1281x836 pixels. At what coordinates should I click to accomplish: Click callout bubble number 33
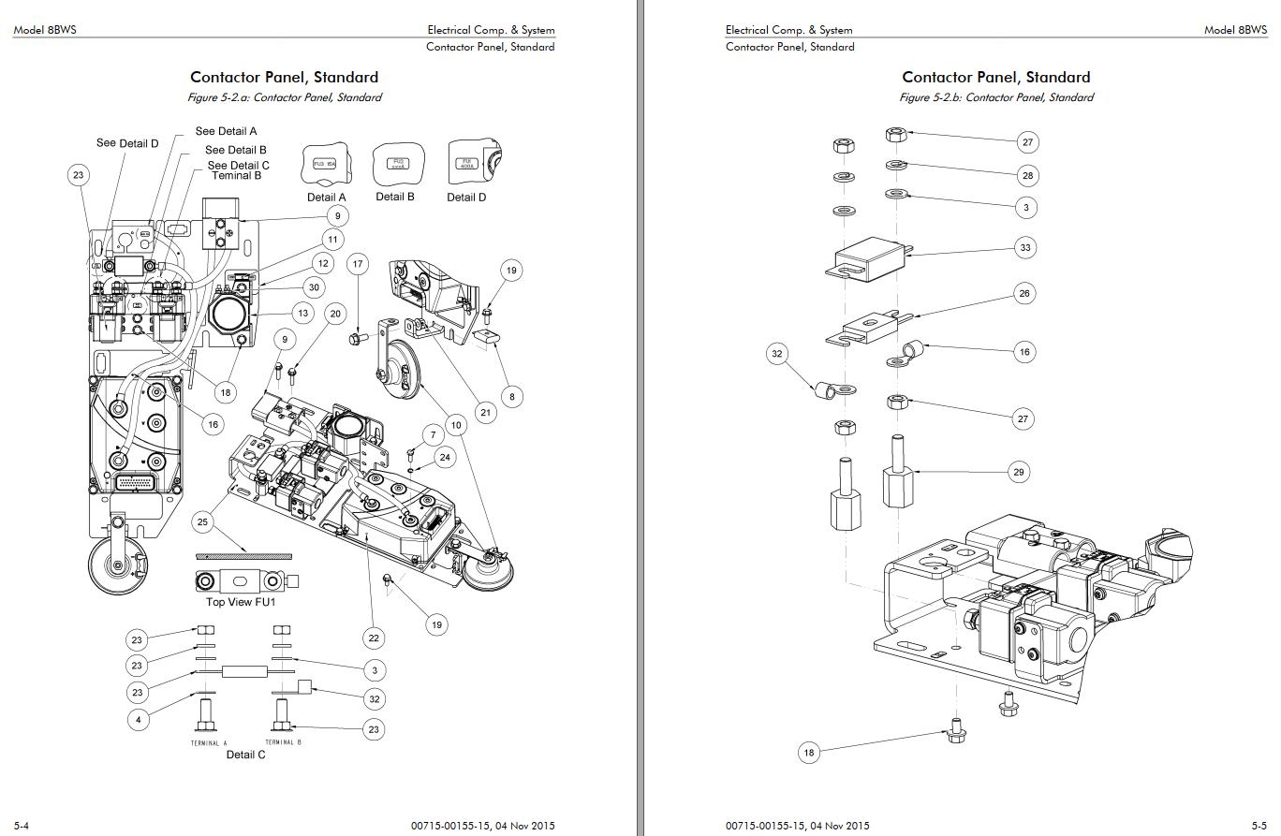[1025, 248]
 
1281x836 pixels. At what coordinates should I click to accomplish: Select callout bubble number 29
[1019, 472]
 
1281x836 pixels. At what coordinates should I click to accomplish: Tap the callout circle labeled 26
[1024, 293]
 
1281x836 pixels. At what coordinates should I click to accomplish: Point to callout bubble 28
[1028, 175]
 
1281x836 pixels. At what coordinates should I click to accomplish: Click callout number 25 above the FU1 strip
[202, 521]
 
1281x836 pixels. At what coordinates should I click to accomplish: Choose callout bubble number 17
[358, 264]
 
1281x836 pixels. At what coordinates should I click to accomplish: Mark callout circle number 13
[302, 314]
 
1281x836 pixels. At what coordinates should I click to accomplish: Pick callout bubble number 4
[138, 720]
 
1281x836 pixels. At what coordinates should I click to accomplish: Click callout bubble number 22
[374, 638]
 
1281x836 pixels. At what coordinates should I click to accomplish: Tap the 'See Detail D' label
[127, 143]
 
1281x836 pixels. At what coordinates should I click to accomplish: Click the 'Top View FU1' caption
[242, 602]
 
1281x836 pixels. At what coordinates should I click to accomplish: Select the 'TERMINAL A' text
[210, 743]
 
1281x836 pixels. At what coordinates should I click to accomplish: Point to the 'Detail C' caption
[245, 755]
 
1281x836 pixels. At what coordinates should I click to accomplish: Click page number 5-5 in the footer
[1259, 825]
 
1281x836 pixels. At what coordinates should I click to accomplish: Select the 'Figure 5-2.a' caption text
[285, 97]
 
